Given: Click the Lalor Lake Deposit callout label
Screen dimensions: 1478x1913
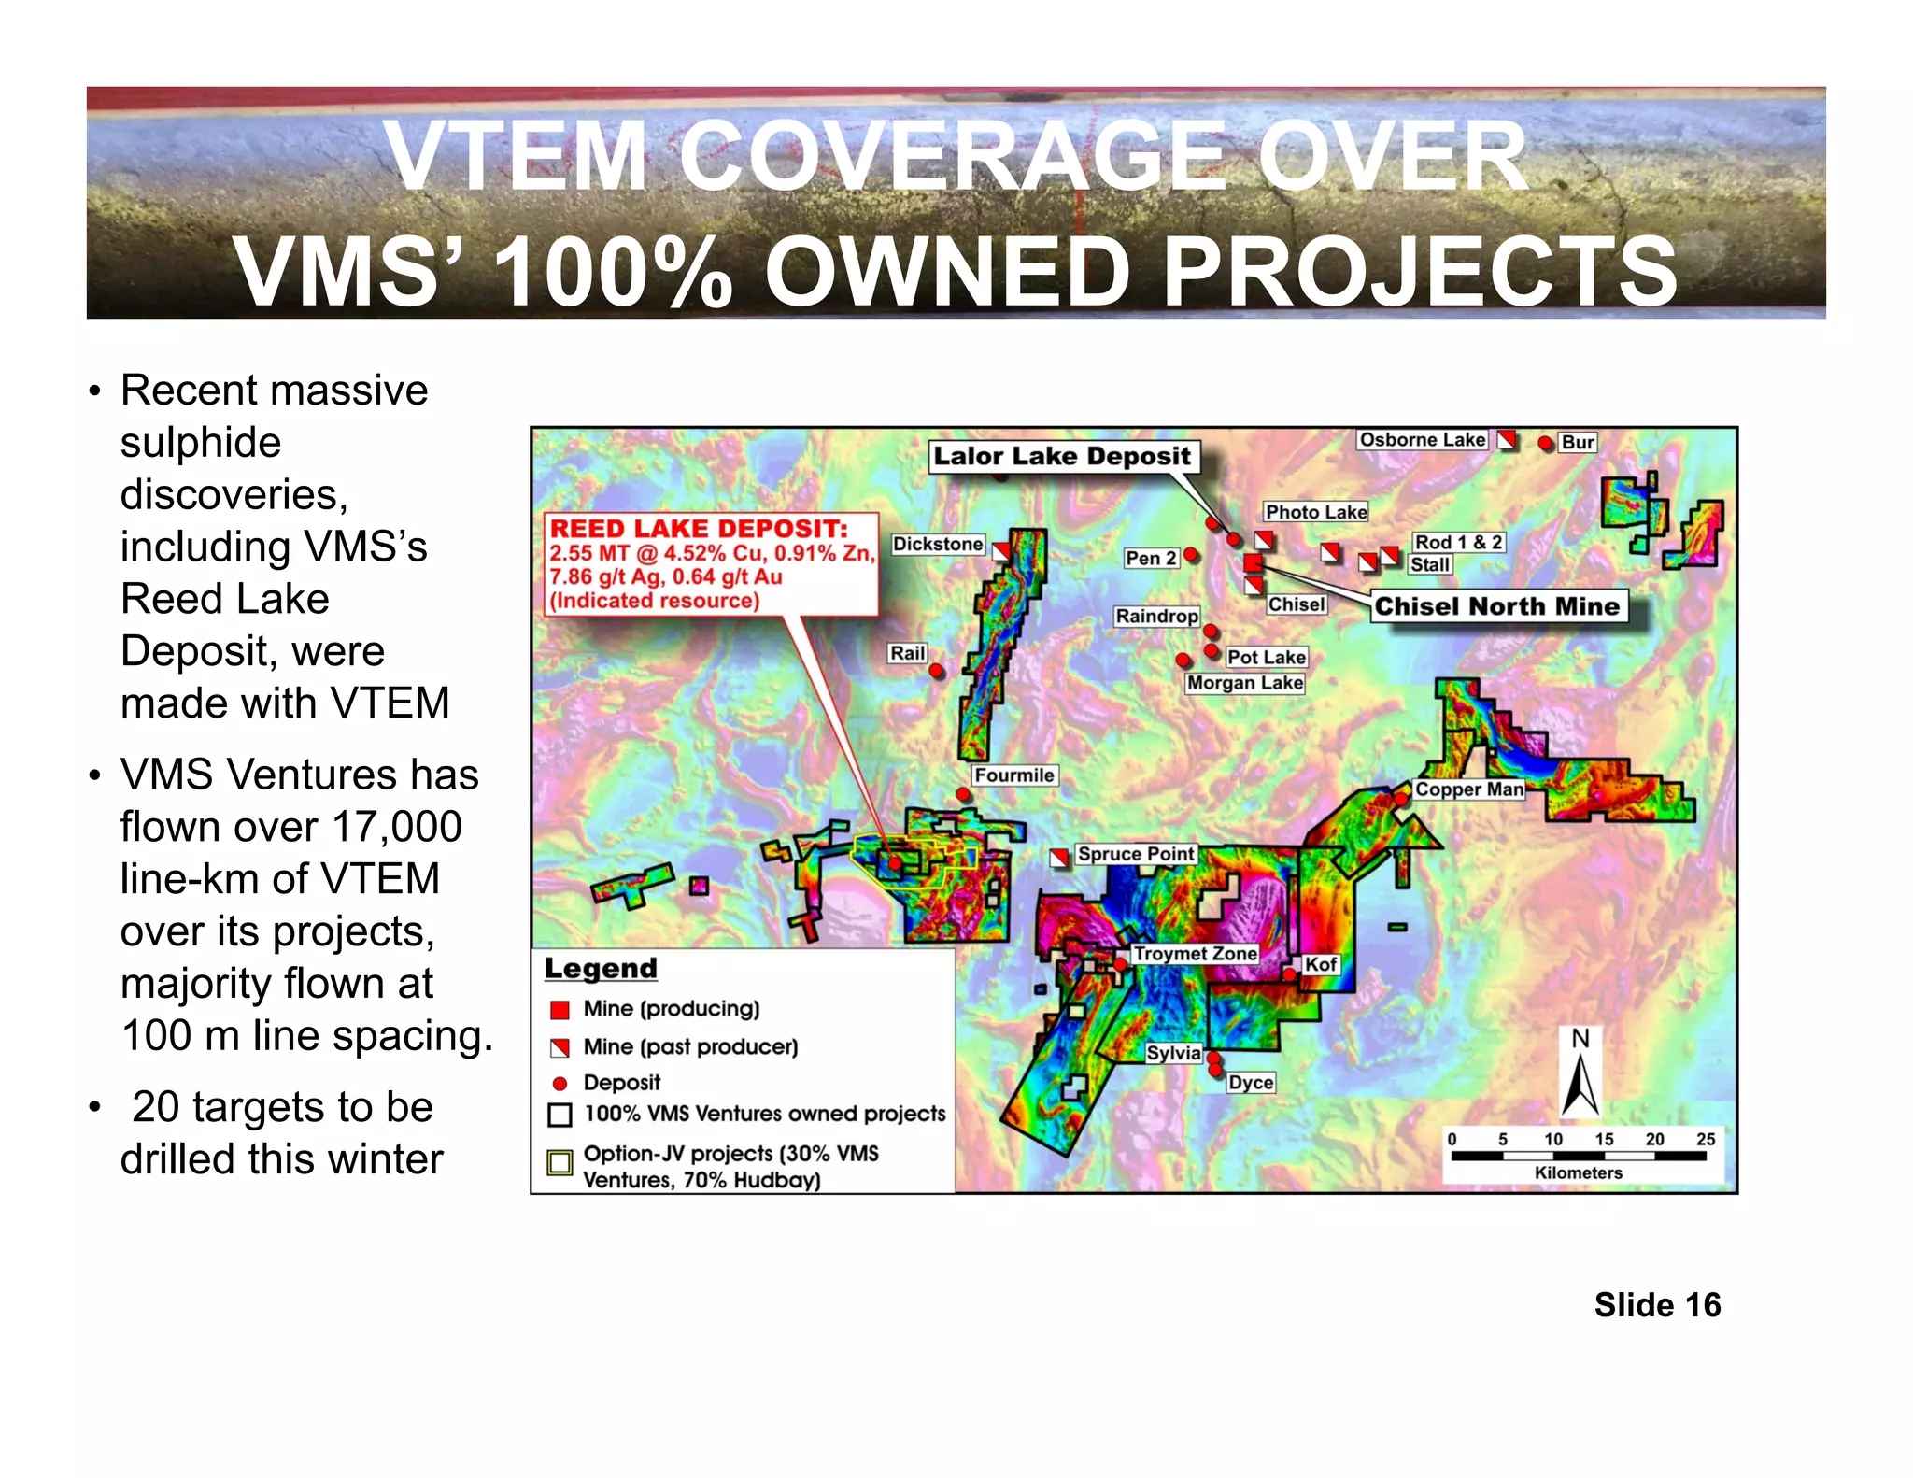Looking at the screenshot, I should (1062, 456).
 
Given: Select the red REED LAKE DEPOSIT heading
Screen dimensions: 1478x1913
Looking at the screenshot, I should (699, 528).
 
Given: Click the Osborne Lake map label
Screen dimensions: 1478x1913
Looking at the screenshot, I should (1422, 440).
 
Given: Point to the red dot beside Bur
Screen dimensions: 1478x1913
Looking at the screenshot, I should (1545, 443).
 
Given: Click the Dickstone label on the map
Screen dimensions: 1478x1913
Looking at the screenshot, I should (938, 544).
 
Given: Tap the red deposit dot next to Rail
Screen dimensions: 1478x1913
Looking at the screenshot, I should (936, 670).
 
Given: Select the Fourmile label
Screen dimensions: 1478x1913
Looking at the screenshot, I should (1013, 775).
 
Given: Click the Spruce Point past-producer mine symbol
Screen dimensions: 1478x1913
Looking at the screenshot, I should (1059, 857).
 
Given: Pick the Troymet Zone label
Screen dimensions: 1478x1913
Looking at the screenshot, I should (1195, 954).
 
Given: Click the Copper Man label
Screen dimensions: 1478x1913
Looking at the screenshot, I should (1468, 789).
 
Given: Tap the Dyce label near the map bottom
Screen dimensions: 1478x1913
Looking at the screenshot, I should (1251, 1082).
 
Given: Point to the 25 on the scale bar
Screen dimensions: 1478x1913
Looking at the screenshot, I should (1706, 1139).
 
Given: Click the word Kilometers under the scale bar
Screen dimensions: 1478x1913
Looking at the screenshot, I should (1579, 1172).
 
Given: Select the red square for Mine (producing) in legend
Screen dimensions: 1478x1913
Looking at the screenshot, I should (560, 1009).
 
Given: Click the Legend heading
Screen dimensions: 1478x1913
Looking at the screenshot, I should (601, 969).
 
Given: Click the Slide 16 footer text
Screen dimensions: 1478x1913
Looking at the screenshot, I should (1657, 1304).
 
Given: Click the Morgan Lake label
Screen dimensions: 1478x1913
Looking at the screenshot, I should (1244, 683).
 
